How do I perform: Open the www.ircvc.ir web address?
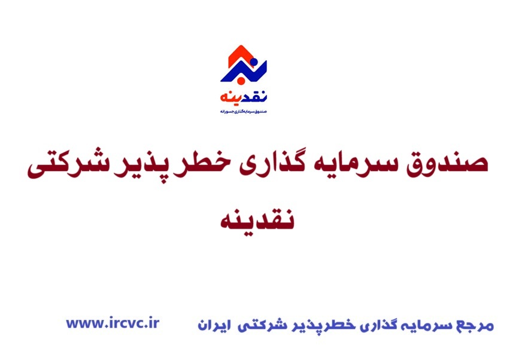tap(113, 323)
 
